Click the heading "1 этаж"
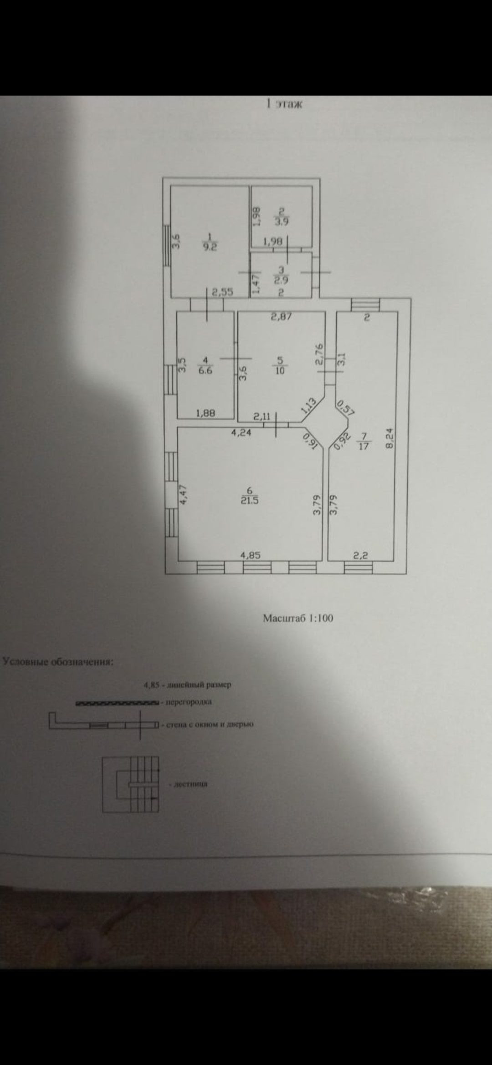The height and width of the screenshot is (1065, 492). pos(284,104)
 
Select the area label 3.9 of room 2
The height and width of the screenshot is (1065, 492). pos(281,222)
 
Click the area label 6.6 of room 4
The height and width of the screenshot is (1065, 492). pos(205,370)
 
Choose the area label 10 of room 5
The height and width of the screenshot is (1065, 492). pos(280,370)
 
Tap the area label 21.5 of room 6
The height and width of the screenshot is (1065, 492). pos(250,501)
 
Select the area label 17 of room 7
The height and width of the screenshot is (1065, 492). pos(364,446)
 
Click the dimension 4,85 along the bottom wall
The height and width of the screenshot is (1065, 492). pos(250,555)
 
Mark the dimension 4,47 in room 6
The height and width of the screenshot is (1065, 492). pos(183,495)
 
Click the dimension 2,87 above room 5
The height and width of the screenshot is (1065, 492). pos(281,316)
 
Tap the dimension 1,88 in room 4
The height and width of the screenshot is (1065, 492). pos(205,413)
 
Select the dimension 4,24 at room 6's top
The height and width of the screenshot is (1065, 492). pos(241,433)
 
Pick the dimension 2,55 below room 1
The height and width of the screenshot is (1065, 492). pos(223,292)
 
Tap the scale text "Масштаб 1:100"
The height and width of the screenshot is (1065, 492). pos(298,618)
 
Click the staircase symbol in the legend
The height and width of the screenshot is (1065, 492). pos(131,784)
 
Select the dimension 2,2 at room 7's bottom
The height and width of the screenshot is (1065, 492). pos(361,555)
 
